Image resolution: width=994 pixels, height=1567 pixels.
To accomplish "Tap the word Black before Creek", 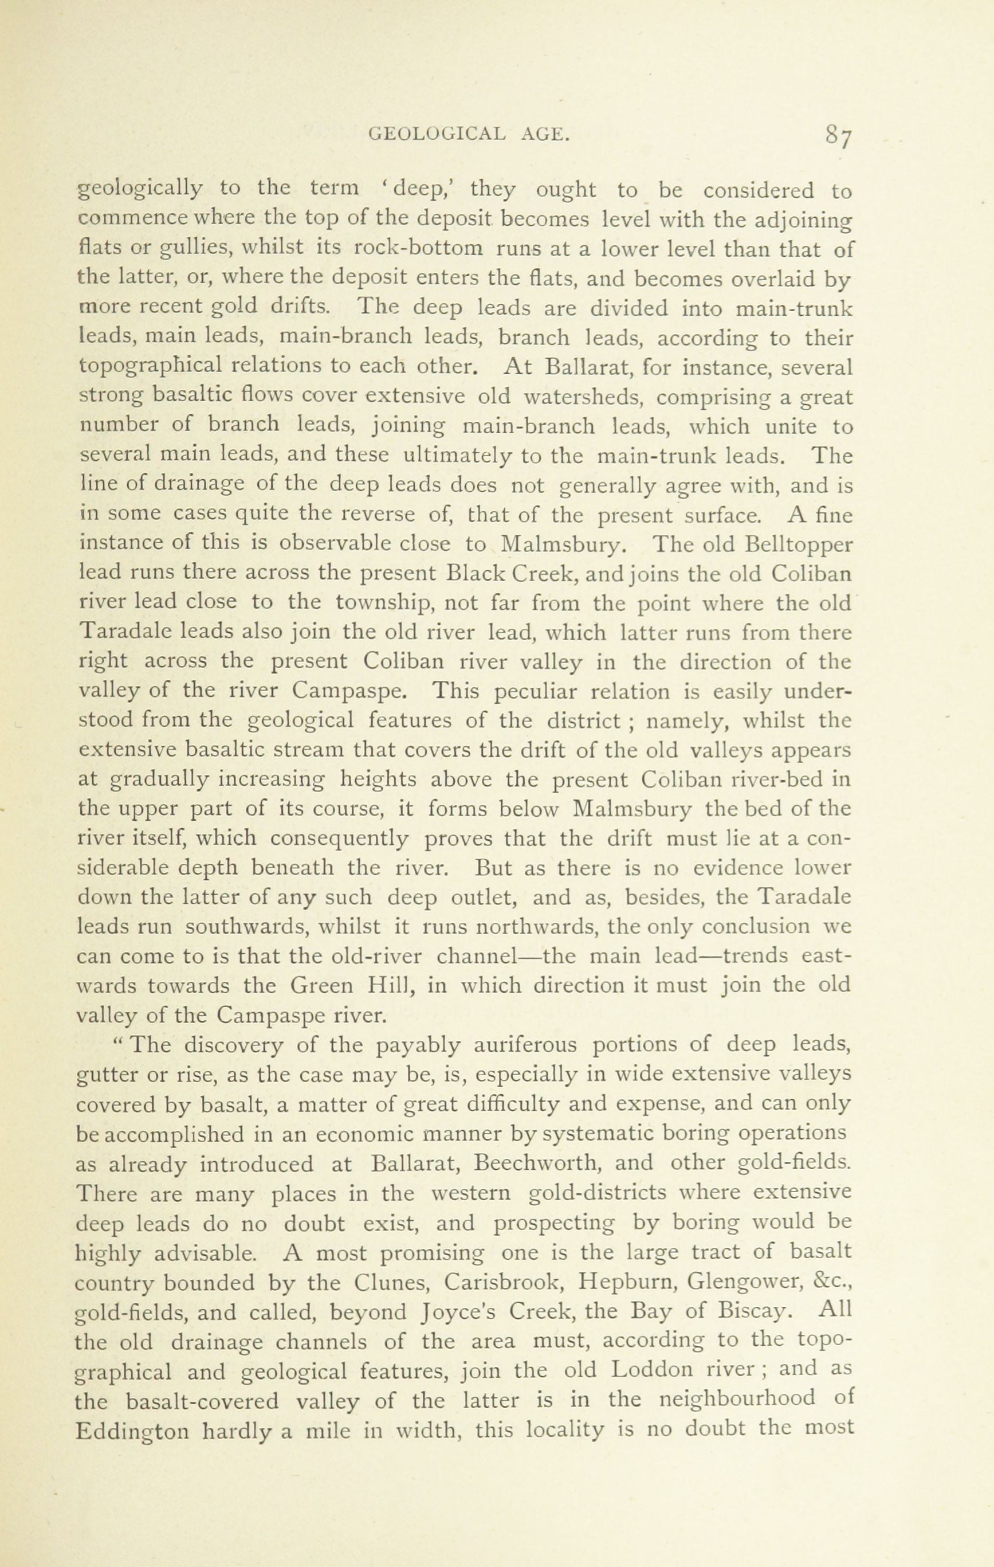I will click(476, 573).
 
